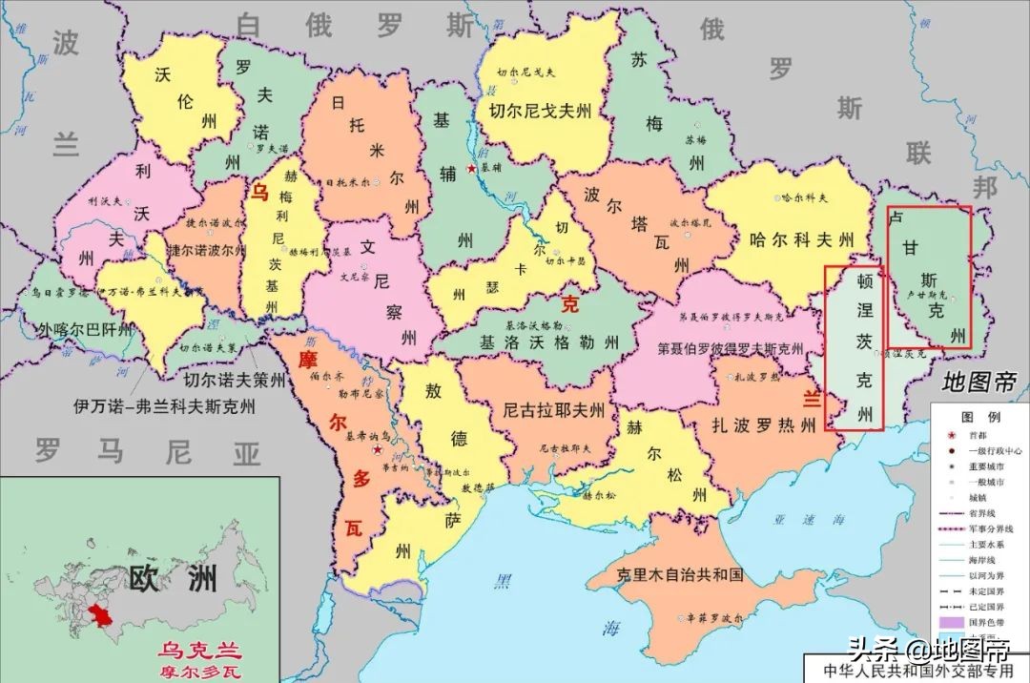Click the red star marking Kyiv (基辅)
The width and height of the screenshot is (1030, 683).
click(470, 169)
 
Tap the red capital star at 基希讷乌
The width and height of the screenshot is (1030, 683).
click(379, 448)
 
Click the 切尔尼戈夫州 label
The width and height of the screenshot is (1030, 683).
click(547, 110)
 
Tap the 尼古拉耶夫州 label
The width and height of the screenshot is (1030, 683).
click(554, 410)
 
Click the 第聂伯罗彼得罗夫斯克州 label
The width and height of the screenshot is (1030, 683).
click(731, 348)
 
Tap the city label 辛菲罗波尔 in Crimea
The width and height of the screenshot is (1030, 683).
click(710, 618)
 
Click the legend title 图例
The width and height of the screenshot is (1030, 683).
click(979, 418)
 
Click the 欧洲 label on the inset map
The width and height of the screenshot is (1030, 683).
click(173, 578)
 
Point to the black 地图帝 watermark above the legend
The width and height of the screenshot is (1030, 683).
click(978, 383)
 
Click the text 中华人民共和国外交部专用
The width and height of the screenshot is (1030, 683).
click(917, 670)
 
